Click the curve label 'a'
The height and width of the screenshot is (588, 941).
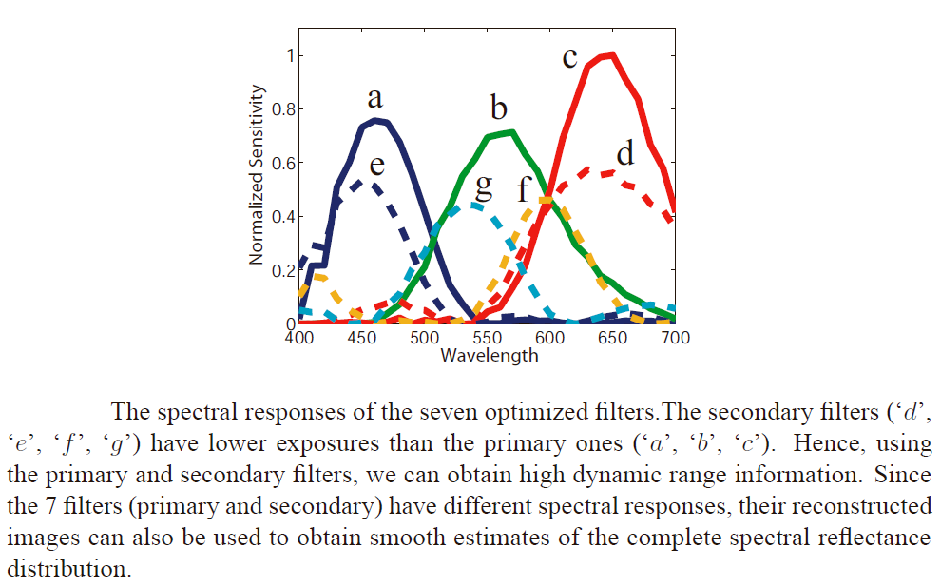click(375, 98)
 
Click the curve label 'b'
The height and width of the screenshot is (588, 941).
click(499, 107)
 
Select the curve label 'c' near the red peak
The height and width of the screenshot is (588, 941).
click(569, 58)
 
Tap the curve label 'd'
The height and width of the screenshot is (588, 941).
click(624, 152)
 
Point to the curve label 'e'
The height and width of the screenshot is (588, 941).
click(377, 166)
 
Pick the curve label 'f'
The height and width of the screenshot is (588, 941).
click(524, 189)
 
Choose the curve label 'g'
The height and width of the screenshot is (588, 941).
click(484, 185)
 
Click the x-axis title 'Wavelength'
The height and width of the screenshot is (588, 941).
click(489, 356)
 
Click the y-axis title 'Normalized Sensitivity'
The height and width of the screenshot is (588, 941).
click(256, 173)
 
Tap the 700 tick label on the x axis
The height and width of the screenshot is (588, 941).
click(675, 338)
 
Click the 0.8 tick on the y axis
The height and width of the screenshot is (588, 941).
click(283, 108)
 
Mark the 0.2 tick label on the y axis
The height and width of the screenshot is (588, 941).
click(283, 270)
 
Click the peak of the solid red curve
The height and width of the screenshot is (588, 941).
click(612, 55)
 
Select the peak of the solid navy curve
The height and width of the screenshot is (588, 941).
click(376, 120)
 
